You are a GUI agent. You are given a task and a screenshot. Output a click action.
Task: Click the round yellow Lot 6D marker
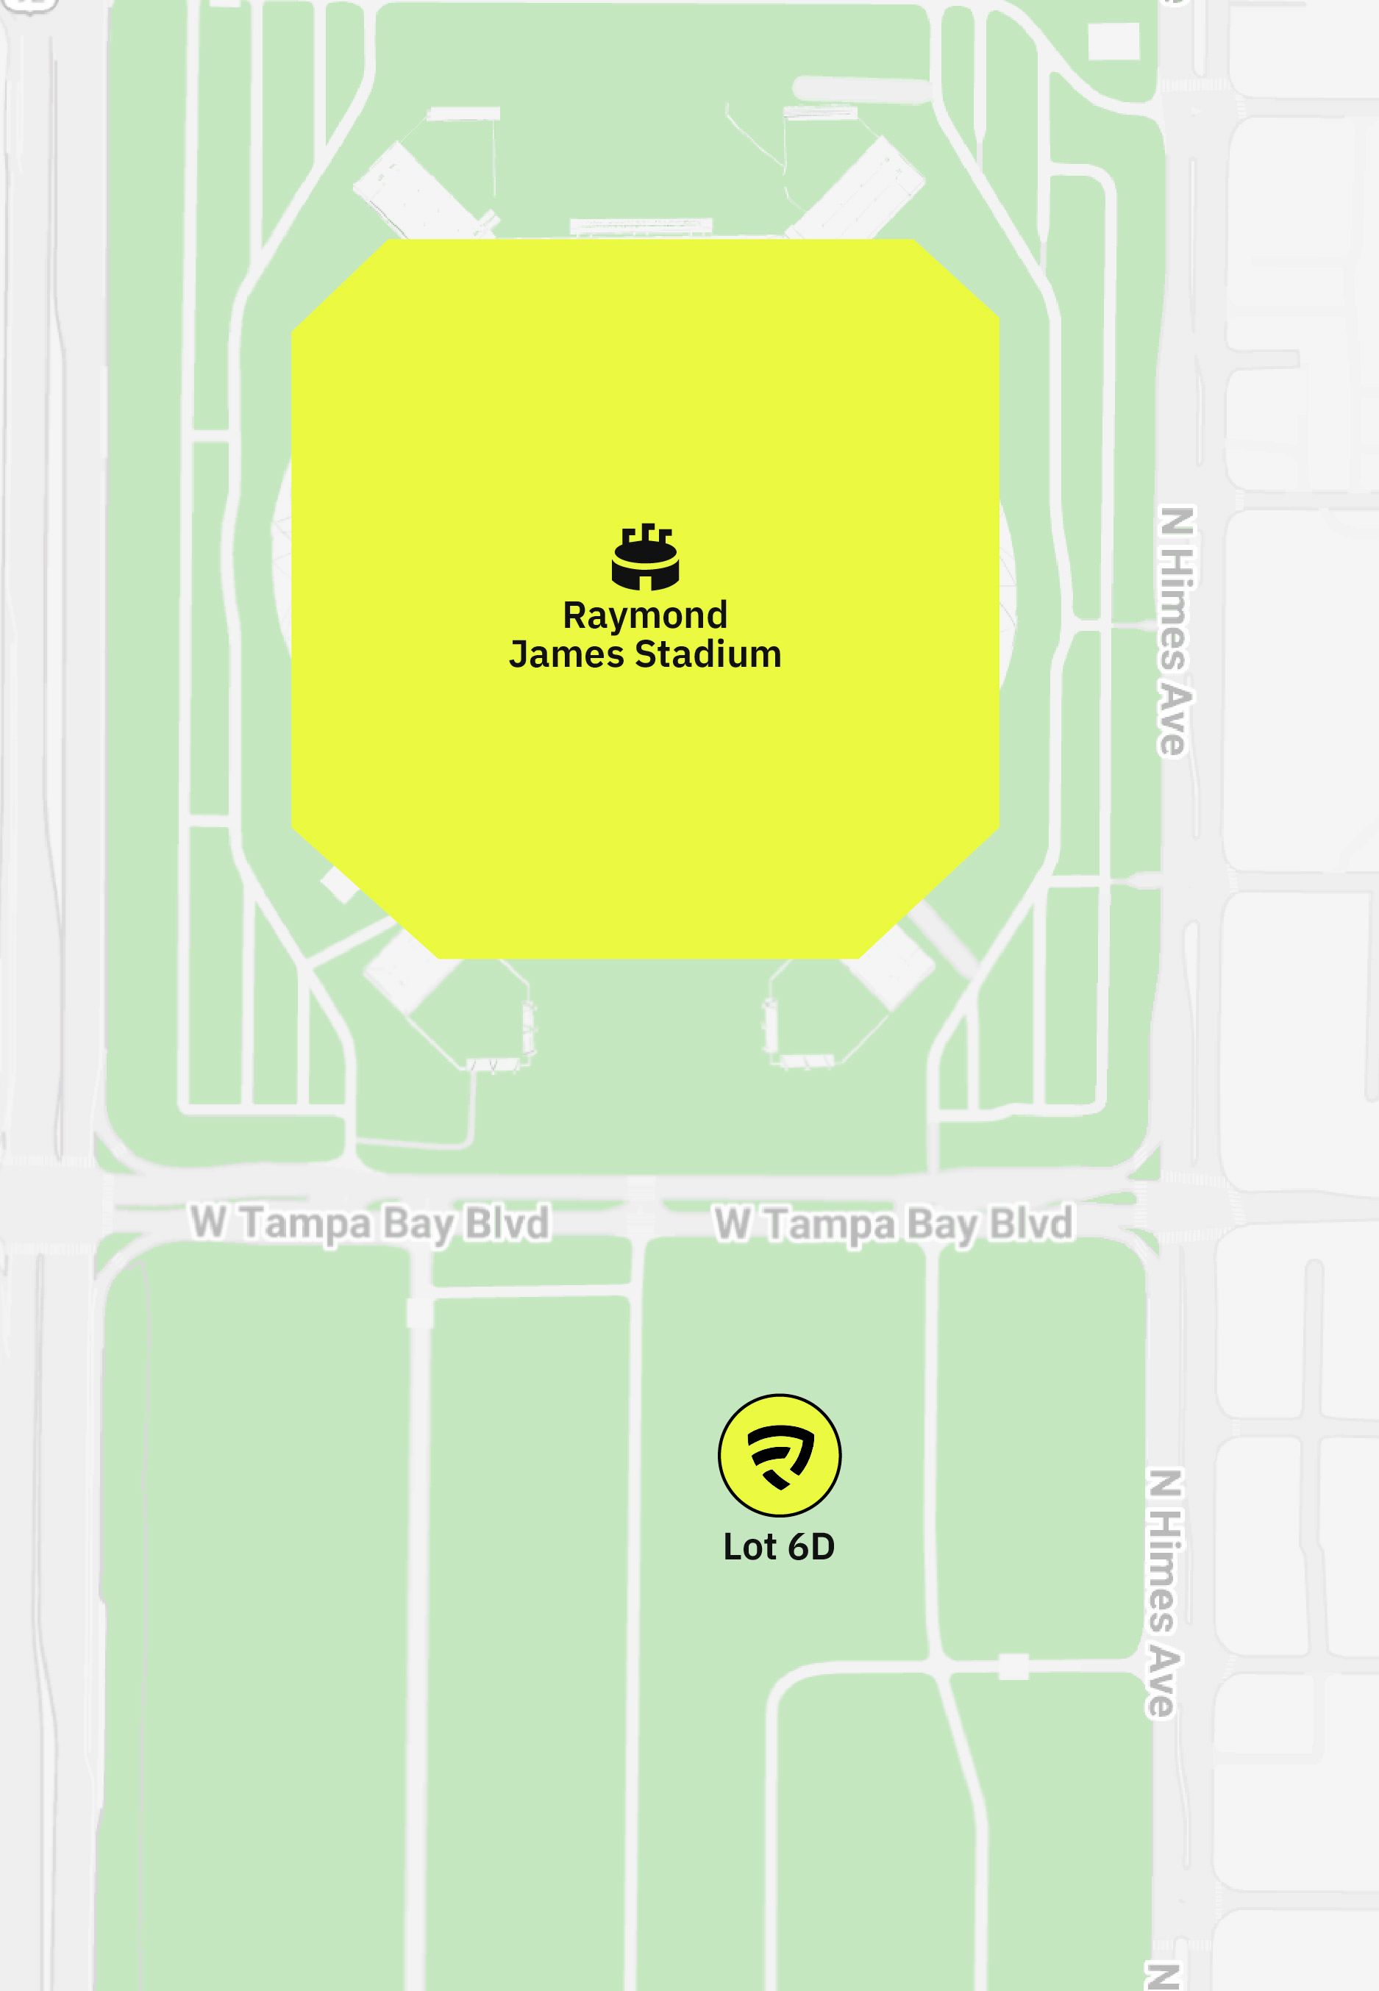[780, 1456]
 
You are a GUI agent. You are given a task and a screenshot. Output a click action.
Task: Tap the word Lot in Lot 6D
[748, 1547]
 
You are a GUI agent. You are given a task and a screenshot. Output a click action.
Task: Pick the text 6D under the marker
[810, 1547]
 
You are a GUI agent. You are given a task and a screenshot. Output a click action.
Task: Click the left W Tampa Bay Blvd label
[370, 1222]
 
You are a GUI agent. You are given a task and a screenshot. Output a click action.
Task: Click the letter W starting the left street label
[208, 1221]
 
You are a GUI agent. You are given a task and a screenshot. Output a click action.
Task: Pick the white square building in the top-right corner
[1113, 40]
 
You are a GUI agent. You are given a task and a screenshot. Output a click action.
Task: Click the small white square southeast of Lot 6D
[1013, 1666]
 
